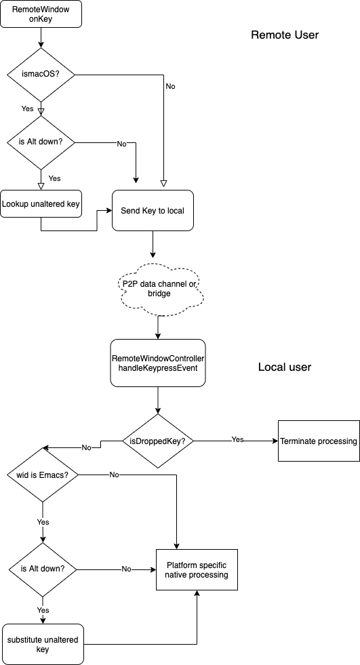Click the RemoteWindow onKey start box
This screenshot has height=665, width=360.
[x=41, y=14]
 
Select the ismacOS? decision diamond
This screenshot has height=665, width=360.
[x=41, y=75]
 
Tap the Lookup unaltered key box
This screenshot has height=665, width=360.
[x=41, y=203]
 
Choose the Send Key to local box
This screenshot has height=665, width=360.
[x=153, y=210]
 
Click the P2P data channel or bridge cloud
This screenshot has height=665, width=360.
[x=158, y=288]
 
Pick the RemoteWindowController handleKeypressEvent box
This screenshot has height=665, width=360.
[x=158, y=363]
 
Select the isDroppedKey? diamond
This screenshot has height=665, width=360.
[x=158, y=441]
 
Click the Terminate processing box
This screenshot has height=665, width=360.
[x=319, y=441]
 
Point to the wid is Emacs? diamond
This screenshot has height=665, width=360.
[x=43, y=475]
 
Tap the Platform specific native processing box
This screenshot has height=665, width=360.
[x=197, y=570]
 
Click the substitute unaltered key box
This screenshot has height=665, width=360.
[x=43, y=644]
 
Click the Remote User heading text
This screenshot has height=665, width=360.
[x=285, y=35]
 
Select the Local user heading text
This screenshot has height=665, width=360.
[x=285, y=367]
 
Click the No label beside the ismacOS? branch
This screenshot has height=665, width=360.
[x=170, y=86]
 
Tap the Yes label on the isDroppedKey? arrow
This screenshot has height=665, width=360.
[x=237, y=439]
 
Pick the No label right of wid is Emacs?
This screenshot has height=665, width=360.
[x=114, y=475]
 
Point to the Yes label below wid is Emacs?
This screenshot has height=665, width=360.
[x=43, y=522]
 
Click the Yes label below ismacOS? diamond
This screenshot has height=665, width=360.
[x=27, y=108]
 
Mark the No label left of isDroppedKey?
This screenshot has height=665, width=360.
[x=87, y=447]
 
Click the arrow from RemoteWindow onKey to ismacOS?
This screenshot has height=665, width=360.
[x=41, y=38]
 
